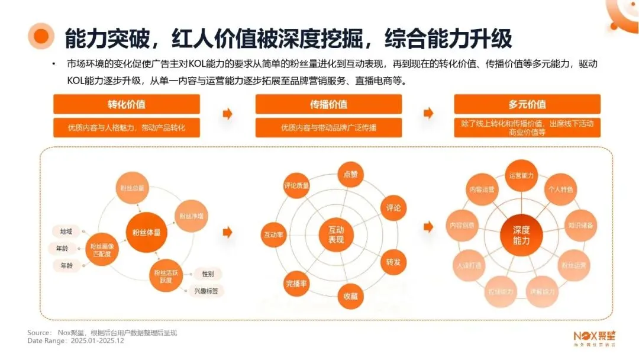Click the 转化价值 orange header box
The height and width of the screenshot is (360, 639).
pyautogui.click(x=127, y=104)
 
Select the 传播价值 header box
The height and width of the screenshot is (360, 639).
pyautogui.click(x=328, y=104)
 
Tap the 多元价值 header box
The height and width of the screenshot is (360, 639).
pyautogui.click(x=527, y=104)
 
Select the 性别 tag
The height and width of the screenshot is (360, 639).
pyautogui.click(x=208, y=274)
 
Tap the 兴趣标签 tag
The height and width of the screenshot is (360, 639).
pyautogui.click(x=206, y=291)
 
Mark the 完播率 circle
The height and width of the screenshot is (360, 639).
pyautogui.click(x=295, y=282)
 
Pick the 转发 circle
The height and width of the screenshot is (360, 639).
pyautogui.click(x=393, y=262)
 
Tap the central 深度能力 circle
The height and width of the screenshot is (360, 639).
pyautogui.click(x=521, y=235)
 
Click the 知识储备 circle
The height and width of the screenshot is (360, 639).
pyautogui.click(x=582, y=226)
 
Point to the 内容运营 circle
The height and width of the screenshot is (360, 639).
pyautogui.click(x=482, y=190)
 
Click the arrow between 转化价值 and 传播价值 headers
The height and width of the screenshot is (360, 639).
pyautogui.click(x=227, y=114)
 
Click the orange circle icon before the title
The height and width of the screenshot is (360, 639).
pyautogui.click(x=41, y=37)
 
